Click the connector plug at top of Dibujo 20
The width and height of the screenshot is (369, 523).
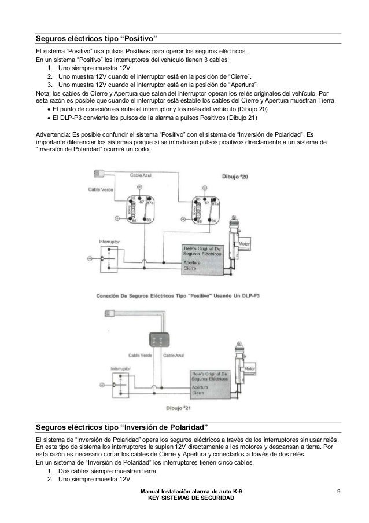(x=98, y=173)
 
